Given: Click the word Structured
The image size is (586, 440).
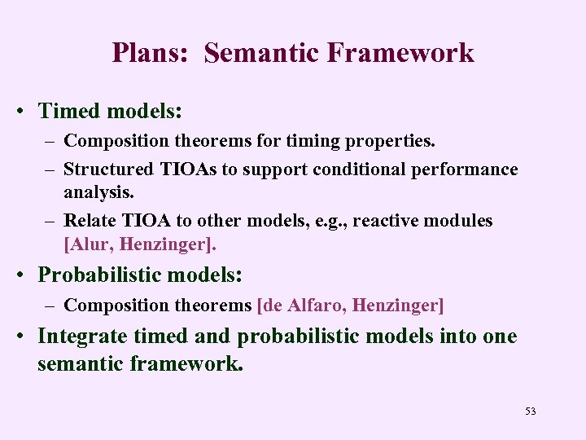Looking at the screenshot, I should (108, 169).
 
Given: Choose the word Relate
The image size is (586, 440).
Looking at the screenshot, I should (89, 221).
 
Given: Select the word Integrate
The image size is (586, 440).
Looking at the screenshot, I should (80, 337).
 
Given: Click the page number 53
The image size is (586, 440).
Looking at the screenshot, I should (531, 411).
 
